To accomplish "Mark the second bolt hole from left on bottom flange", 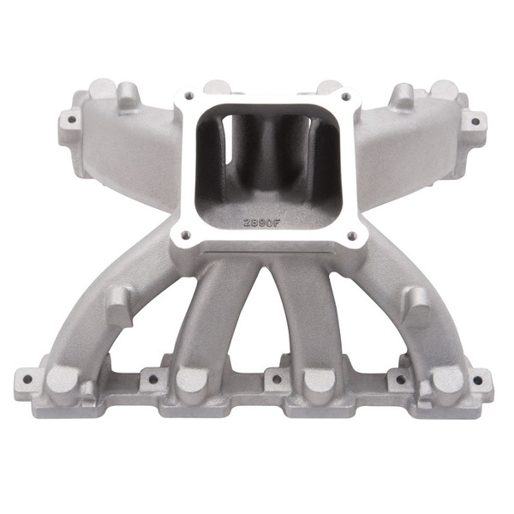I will [x=154, y=377].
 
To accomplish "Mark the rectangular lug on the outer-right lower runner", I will [x=415, y=302].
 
